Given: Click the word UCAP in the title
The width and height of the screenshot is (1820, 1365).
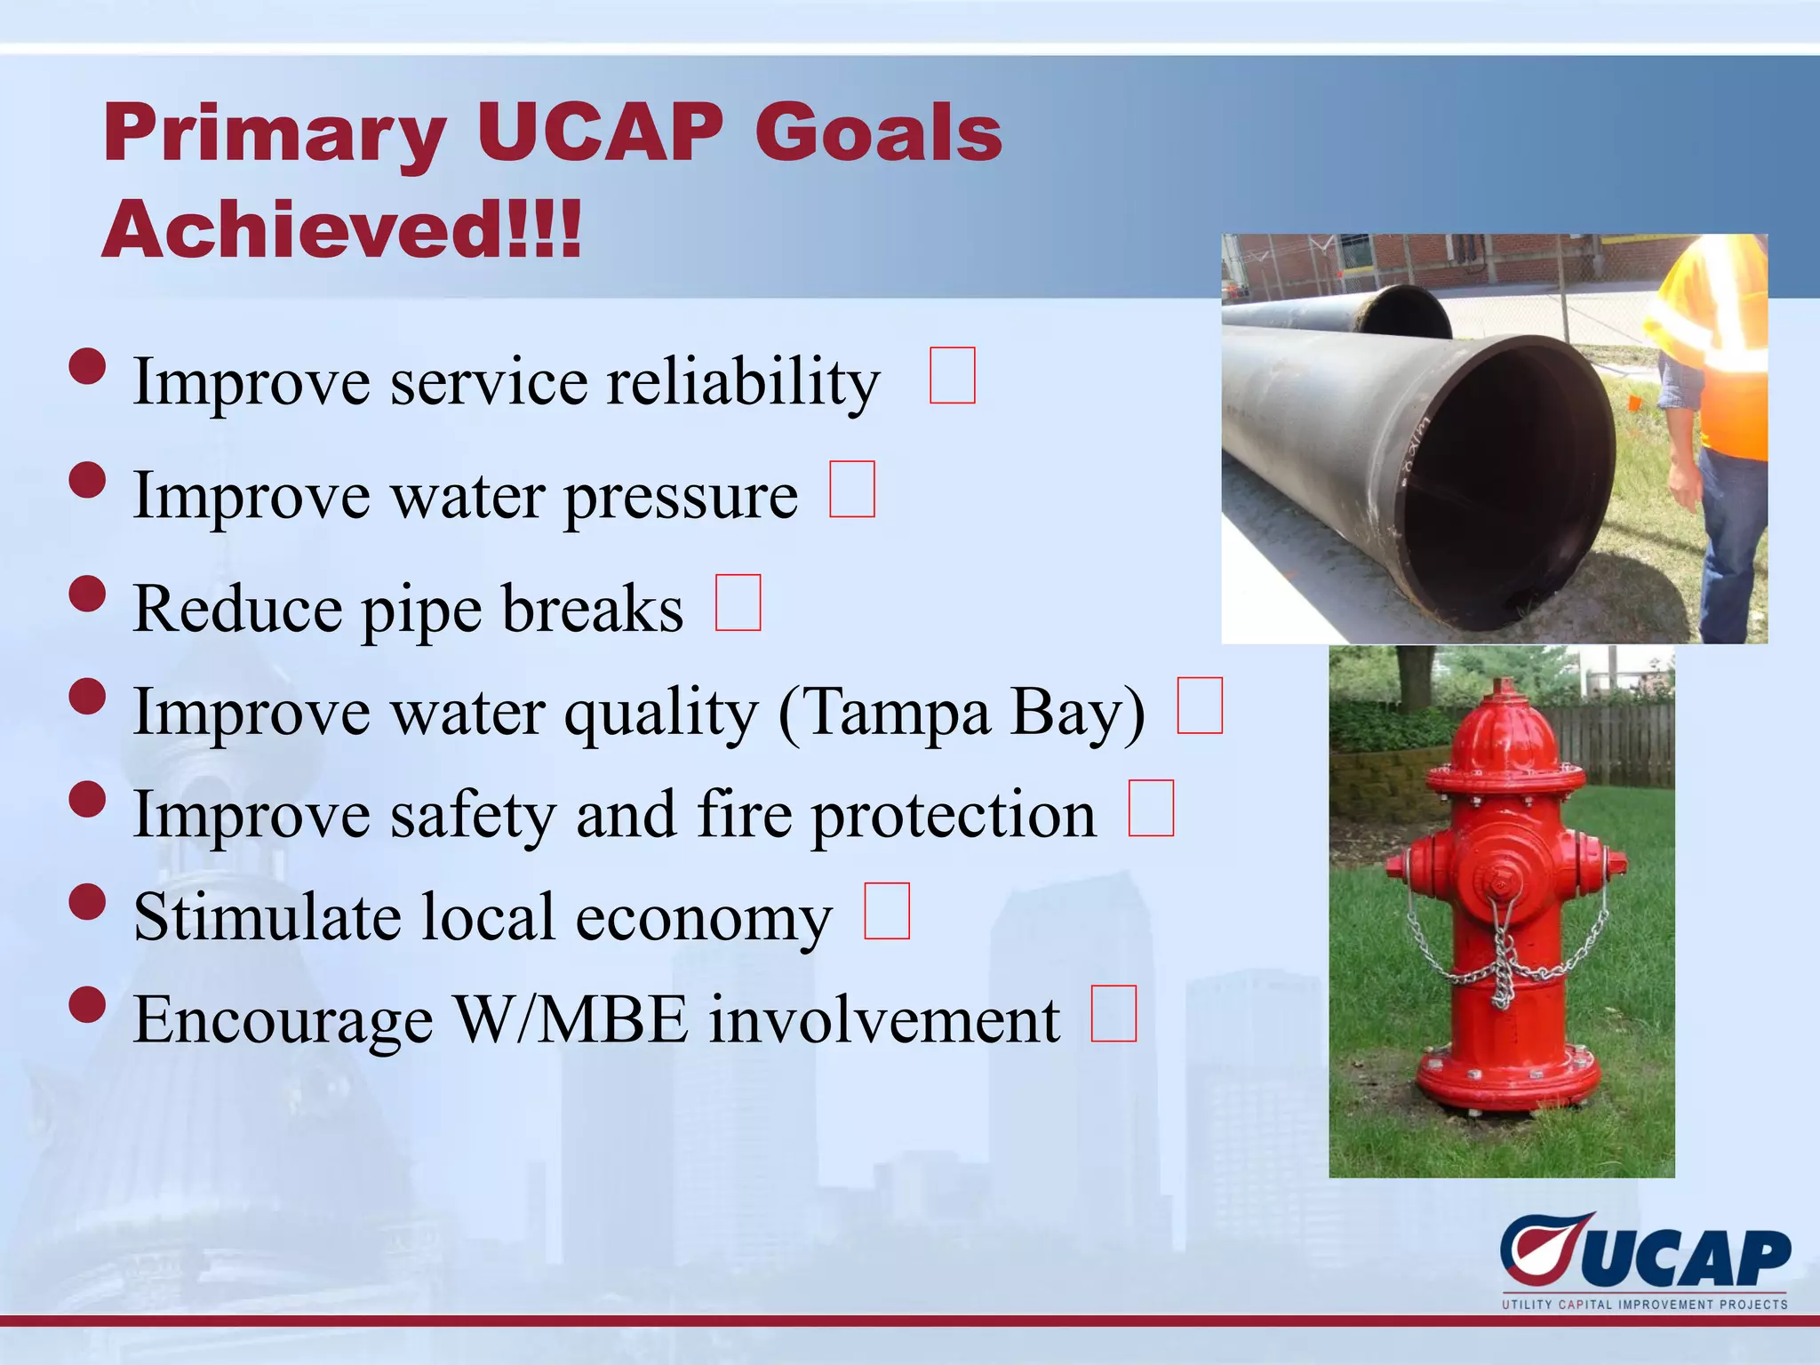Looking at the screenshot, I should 601,133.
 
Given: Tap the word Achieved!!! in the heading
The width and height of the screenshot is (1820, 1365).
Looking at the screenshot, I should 341,229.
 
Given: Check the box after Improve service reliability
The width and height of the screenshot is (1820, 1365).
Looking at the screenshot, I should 952,376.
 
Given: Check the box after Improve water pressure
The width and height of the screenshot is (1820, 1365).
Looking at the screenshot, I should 851,489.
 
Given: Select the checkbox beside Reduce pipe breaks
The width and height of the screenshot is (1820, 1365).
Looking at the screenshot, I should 738,603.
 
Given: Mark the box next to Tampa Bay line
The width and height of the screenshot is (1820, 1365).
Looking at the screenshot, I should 1200,706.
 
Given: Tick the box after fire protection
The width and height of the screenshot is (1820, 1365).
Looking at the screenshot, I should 1151,808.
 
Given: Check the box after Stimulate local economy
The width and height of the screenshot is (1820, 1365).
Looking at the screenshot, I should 887,911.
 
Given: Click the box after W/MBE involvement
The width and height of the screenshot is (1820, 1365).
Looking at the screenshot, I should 1114,1013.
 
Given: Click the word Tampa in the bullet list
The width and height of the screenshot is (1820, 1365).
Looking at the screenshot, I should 884,714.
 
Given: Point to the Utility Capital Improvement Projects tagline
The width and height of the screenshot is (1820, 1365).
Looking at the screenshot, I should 1644,1305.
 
